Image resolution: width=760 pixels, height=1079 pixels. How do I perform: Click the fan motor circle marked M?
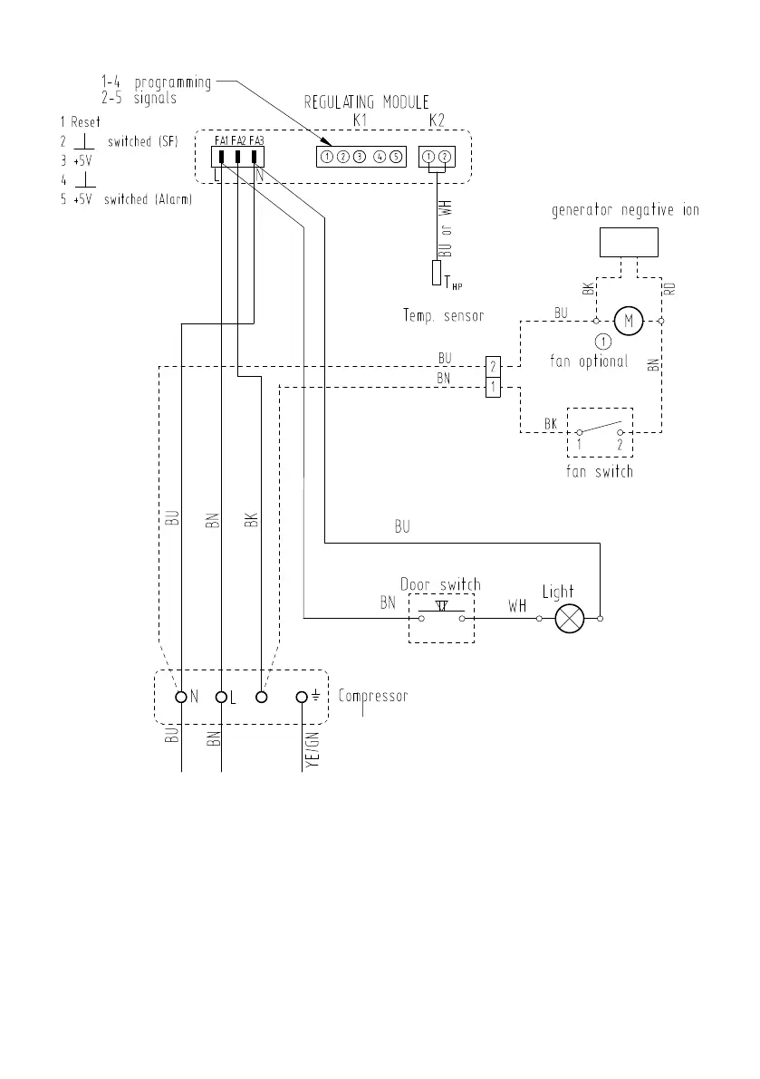(628, 321)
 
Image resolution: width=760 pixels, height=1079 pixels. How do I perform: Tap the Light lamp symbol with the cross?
(569, 619)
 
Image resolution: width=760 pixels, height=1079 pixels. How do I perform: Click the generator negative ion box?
(629, 242)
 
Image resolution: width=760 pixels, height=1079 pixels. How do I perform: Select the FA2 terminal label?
(238, 140)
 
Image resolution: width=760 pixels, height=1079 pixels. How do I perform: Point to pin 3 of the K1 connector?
(359, 157)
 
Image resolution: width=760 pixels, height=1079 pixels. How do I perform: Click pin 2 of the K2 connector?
(444, 157)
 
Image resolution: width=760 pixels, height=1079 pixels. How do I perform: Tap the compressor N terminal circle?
(181, 697)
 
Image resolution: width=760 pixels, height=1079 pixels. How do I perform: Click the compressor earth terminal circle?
(302, 697)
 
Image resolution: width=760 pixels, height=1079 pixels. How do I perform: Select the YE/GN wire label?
(313, 749)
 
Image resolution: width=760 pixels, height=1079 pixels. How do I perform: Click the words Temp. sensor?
(444, 316)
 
